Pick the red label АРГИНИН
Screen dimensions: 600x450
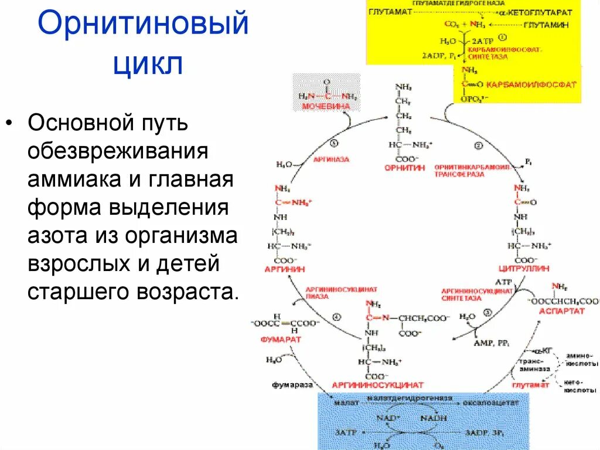point(277,268)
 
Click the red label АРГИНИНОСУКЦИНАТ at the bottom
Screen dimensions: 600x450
point(377,385)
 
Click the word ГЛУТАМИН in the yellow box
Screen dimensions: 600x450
point(548,26)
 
